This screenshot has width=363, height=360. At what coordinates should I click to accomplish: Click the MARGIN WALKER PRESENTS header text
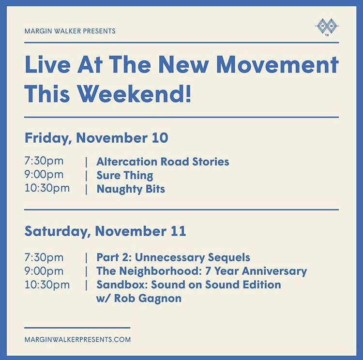[70, 31]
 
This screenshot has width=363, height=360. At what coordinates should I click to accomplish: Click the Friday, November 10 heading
[96, 138]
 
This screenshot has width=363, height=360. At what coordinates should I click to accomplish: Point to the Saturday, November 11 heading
[105, 231]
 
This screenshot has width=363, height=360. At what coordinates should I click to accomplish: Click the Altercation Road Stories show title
[163, 161]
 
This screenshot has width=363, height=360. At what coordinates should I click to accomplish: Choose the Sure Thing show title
[124, 175]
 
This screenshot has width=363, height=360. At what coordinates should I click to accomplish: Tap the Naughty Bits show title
[131, 189]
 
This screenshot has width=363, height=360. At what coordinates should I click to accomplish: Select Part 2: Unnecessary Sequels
[173, 257]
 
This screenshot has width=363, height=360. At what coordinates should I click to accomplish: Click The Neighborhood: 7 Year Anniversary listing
[201, 271]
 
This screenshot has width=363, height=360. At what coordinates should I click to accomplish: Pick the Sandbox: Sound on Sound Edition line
[189, 285]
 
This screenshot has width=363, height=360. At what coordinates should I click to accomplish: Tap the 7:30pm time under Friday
[44, 161]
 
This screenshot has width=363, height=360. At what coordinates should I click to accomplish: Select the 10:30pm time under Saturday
[47, 285]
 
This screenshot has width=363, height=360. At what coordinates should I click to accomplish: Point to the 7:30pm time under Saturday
[44, 257]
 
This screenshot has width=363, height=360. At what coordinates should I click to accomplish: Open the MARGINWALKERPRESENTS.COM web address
[77, 339]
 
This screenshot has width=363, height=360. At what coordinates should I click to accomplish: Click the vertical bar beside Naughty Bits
[86, 189]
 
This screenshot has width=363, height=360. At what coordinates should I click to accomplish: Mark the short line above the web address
[77, 328]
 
